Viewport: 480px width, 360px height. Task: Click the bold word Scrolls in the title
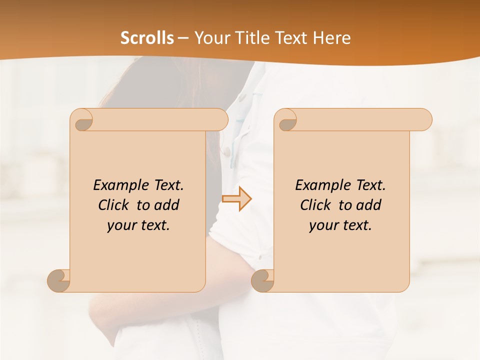pyautogui.click(x=147, y=38)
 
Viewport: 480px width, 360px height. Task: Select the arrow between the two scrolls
pyautogui.click(x=237, y=199)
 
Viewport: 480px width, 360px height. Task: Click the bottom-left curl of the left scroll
pyautogui.click(x=59, y=280)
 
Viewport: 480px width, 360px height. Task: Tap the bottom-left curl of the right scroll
pyautogui.click(x=263, y=280)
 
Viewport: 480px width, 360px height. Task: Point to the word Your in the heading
pyautogui.click(x=213, y=38)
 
